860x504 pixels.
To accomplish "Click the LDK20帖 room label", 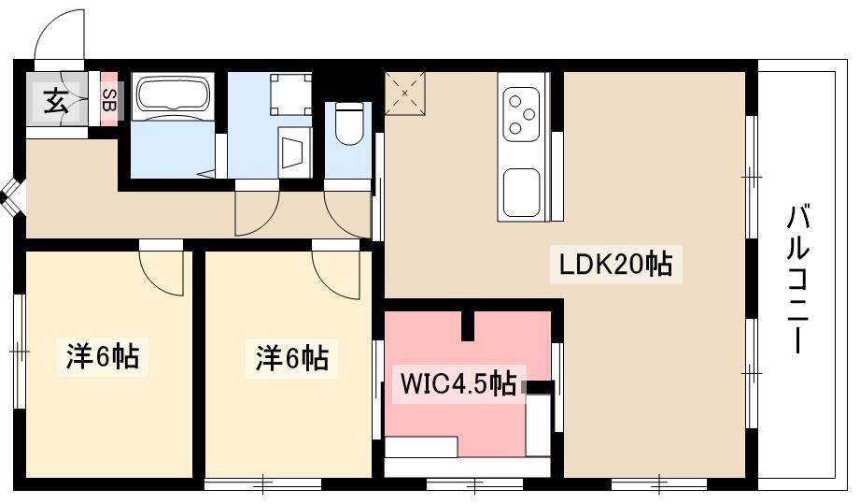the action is (615, 265).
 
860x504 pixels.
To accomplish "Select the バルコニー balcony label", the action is (798, 279).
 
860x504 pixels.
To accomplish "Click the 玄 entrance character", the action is (56, 101).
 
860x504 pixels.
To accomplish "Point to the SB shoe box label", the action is (108, 99).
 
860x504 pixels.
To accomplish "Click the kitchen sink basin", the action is (521, 193).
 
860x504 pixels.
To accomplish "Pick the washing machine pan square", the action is (290, 94).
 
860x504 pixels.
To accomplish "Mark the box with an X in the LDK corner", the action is (404, 94).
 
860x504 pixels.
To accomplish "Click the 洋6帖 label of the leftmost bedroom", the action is (103, 357).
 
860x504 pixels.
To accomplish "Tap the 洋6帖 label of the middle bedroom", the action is (291, 358).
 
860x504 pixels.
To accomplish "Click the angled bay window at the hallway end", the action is (11, 197).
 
